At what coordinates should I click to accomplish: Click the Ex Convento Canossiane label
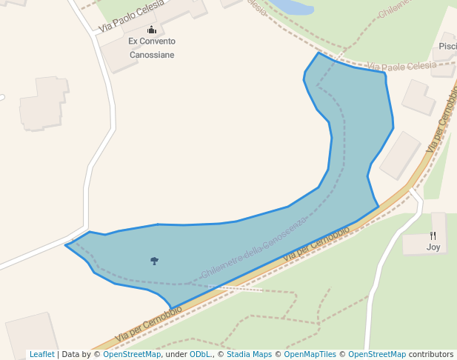151,48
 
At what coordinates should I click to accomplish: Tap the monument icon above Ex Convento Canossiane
151,30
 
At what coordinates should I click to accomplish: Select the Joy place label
433,247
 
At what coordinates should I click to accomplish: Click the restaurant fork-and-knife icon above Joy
433,236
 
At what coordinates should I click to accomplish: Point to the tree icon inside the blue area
154,261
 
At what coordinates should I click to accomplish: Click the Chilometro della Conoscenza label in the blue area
253,250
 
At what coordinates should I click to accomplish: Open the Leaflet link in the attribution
41,355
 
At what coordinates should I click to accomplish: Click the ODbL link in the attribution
200,355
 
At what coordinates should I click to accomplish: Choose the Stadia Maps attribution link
249,355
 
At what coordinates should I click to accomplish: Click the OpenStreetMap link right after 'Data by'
132,355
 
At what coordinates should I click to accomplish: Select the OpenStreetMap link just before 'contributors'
377,355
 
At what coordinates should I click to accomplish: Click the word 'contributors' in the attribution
431,355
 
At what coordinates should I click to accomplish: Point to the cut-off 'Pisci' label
447,46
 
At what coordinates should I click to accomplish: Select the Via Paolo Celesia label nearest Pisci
402,66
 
